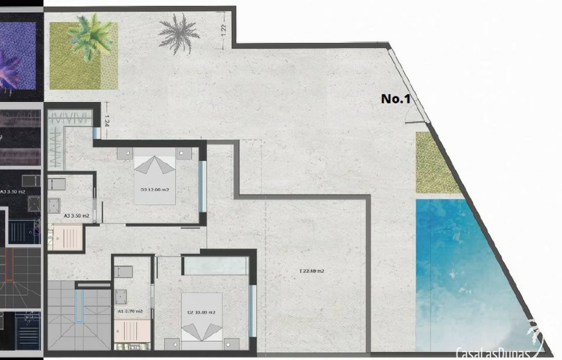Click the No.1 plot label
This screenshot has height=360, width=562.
396,99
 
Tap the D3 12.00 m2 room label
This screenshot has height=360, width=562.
155,190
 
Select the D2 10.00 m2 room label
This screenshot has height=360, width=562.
201,312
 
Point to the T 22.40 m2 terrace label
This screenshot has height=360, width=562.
312,271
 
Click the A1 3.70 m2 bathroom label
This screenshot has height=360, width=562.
130,311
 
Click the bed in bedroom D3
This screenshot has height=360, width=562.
155,176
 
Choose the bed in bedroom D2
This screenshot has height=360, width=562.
202,316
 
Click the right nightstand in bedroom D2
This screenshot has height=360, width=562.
231,344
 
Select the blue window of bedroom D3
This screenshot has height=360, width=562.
202,186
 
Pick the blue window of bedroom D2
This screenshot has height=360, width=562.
251,311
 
